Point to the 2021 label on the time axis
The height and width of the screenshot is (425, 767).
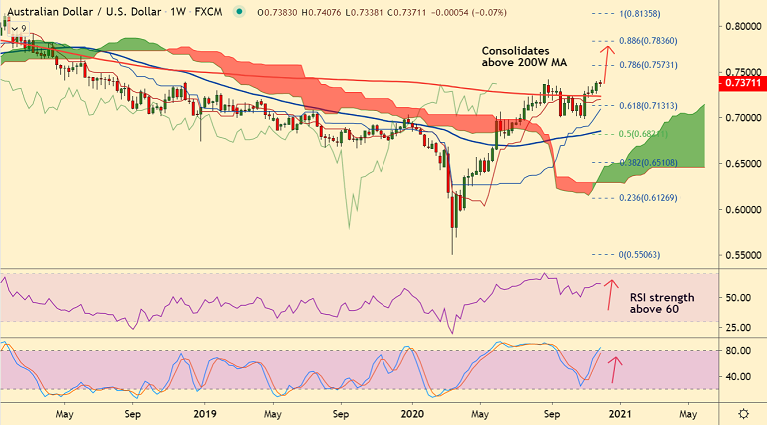(x=619, y=412)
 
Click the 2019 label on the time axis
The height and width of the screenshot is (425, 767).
(x=204, y=412)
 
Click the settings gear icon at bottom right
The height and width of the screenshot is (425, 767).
(x=743, y=413)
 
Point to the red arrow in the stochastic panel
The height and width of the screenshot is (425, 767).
(x=615, y=368)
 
